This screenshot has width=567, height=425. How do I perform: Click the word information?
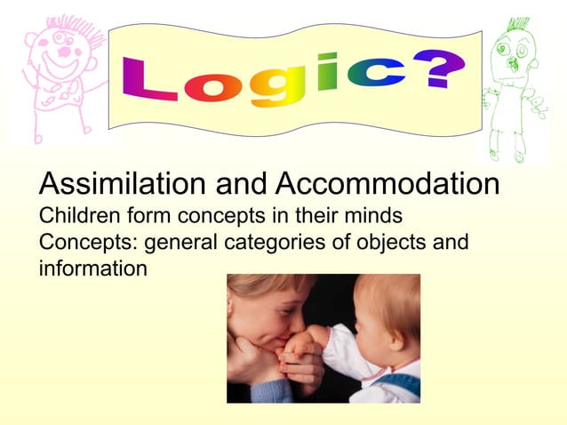pyautogui.click(x=92, y=267)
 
